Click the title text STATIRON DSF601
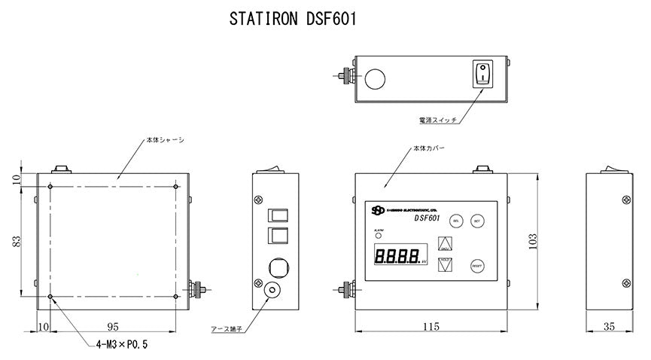click(x=293, y=20)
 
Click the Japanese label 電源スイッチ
click(x=437, y=120)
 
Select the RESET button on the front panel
click(x=476, y=265)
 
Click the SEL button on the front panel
click(x=456, y=221)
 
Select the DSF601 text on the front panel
click(x=427, y=218)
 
